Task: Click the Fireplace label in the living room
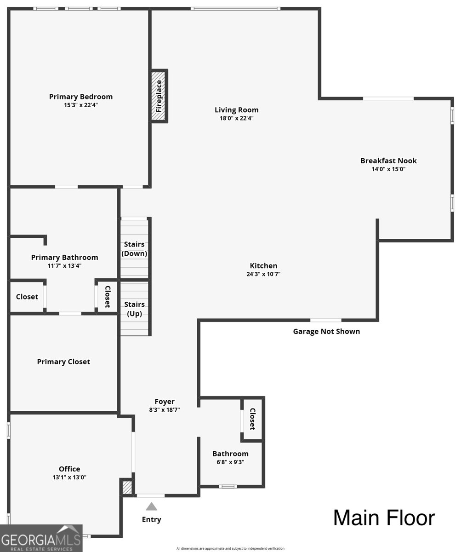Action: click(159, 96)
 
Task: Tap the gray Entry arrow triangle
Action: click(151, 506)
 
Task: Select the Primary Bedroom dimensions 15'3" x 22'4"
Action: click(81, 105)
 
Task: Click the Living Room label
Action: click(236, 110)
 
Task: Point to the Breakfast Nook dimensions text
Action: click(388, 169)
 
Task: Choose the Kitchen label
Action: click(263, 265)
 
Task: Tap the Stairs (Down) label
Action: click(134, 249)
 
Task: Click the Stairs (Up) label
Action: click(135, 309)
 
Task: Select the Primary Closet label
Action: click(63, 362)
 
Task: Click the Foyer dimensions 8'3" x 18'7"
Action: click(165, 410)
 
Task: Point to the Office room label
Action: click(69, 469)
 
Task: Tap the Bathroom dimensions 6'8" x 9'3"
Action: click(230, 462)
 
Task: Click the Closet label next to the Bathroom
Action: click(252, 419)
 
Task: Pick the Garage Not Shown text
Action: click(326, 331)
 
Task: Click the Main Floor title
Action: click(384, 517)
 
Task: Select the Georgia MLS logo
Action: click(41, 538)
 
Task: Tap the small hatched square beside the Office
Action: click(127, 488)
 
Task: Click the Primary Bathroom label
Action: click(64, 257)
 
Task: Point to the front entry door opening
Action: click(151, 495)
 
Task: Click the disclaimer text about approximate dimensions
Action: click(230, 548)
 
